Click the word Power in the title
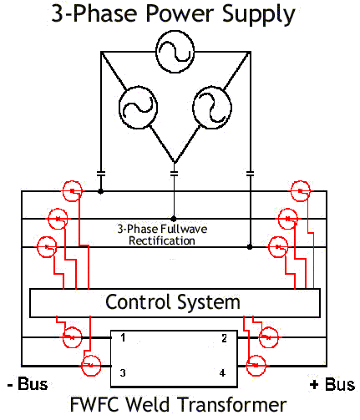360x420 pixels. tap(179, 13)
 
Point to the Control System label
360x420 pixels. tap(173, 302)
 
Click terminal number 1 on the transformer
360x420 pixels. tap(123, 337)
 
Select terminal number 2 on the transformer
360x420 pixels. tap(224, 338)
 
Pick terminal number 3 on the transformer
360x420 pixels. tap(123, 372)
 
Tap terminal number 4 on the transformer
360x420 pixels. tap(222, 372)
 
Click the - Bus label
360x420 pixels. tap(28, 384)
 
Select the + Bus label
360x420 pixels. tap(332, 385)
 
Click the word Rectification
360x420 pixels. tap(162, 240)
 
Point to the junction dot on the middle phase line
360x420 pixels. tap(174, 219)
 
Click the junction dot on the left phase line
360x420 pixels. tap(101, 191)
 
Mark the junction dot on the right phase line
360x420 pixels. tap(250, 246)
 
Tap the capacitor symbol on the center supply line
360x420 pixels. tap(174, 174)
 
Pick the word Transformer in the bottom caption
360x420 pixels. tap(232, 405)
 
